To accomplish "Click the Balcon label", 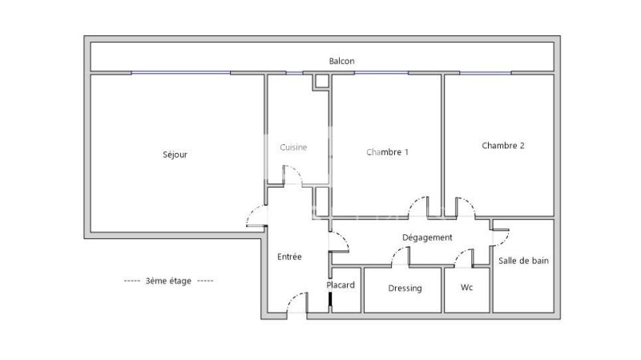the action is [342, 61].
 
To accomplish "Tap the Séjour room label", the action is [175, 155].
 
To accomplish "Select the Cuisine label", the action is [293, 148].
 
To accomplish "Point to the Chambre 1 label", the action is [387, 152].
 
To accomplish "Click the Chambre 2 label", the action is [503, 146].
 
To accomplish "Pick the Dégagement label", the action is [427, 237].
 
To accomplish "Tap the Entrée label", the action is [289, 257].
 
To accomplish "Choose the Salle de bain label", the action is [523, 261].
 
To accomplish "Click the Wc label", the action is [466, 287].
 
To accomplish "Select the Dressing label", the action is [405, 289].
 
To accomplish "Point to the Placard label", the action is [341, 285].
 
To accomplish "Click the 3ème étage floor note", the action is [168, 281].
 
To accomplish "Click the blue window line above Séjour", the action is [181, 73].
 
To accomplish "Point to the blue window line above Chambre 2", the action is [486, 73].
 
